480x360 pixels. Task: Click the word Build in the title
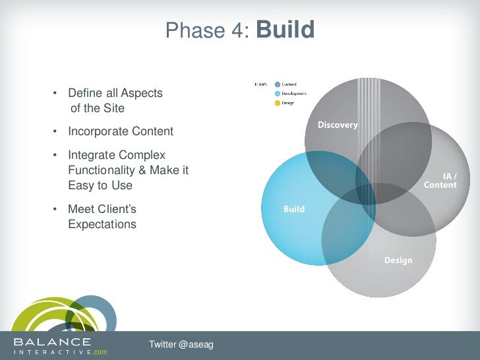pos(285,30)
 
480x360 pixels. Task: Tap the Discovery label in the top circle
pos(338,125)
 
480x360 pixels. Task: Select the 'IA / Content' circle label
pos(440,181)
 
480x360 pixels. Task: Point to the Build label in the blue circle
pos(294,209)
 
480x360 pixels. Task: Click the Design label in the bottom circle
pos(398,260)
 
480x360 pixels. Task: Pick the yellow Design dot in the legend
pos(278,103)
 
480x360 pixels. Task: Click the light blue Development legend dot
pos(278,94)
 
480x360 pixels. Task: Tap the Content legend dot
pos(278,84)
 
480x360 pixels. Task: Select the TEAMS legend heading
pos(260,84)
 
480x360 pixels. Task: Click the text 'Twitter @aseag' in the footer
pos(181,345)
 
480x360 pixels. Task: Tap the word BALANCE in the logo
pos(53,342)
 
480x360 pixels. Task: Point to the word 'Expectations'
pos(102,224)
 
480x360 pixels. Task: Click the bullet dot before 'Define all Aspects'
pos(55,94)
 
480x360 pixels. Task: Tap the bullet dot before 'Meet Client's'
pos(55,210)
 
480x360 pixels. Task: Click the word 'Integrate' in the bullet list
pos(91,156)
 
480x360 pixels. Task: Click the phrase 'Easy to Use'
pos(100,185)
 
